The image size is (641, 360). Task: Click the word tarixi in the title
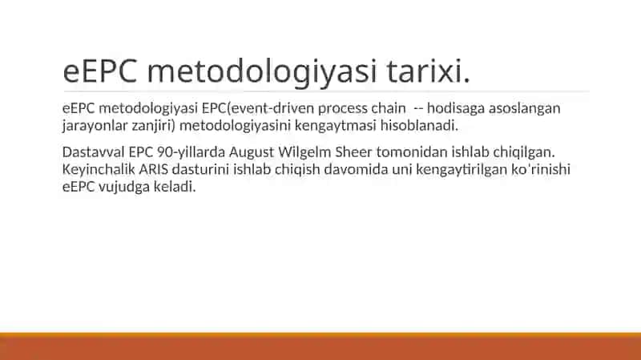tap(428, 71)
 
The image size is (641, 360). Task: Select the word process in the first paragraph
tap(343, 108)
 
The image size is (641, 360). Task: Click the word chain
tap(389, 108)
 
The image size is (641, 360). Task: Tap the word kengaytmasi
tap(335, 126)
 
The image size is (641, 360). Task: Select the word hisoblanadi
tap(419, 125)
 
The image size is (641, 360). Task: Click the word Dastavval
tap(94, 152)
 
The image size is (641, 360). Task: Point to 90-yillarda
tap(191, 152)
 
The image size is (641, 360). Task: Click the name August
tap(252, 152)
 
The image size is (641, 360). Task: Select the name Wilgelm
tap(304, 152)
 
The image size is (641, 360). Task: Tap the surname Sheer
tap(353, 152)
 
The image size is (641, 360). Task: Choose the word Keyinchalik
tap(99, 170)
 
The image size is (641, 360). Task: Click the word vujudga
tap(124, 187)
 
